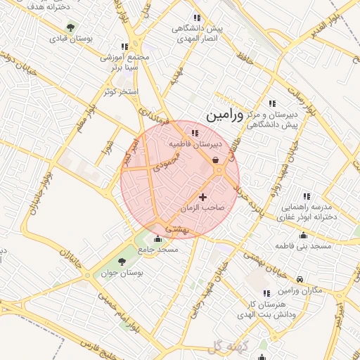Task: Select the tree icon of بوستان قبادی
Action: (x=70, y=27)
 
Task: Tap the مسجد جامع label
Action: (x=158, y=250)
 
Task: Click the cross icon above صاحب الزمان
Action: (x=204, y=197)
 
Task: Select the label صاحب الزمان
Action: (x=201, y=209)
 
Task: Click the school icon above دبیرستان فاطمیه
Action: (x=194, y=132)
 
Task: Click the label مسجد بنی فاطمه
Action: (x=304, y=247)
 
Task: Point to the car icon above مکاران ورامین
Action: (x=300, y=278)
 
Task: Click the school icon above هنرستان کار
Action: (x=266, y=292)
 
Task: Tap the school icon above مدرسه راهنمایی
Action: (x=306, y=196)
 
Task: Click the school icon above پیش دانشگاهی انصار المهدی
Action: (x=196, y=18)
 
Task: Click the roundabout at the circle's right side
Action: (x=219, y=169)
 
